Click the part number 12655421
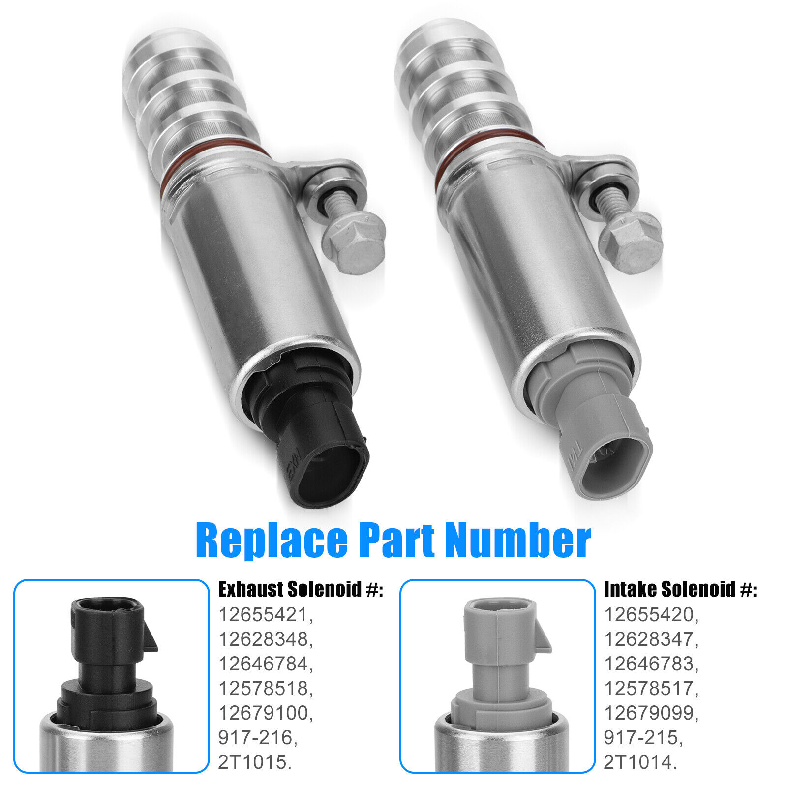pos(265,614)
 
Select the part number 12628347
pos(650,639)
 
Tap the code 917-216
pos(257,737)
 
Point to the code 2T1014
pos(640,762)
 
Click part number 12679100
pos(265,713)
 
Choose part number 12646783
pos(650,664)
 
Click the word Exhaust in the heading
pos(250,589)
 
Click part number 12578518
pos(265,688)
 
